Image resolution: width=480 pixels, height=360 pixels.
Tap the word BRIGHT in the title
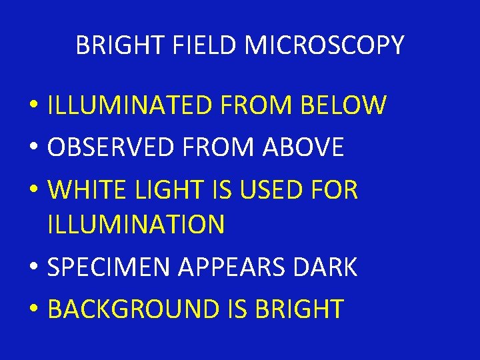(x=118, y=45)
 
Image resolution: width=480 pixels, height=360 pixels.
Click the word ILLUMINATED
(x=127, y=105)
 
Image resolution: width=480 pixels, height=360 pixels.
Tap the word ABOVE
(x=305, y=147)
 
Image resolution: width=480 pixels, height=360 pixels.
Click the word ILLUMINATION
(x=136, y=225)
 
